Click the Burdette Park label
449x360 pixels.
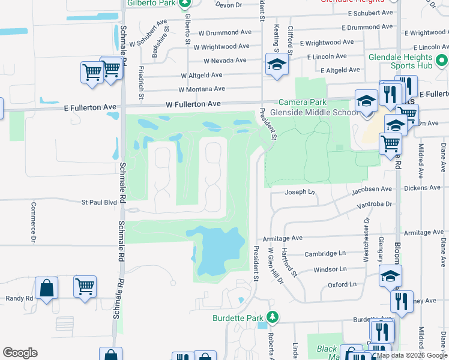(238, 317)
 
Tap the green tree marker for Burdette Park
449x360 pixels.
(273, 317)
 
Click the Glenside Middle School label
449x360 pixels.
(314, 112)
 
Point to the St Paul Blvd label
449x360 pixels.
(99, 203)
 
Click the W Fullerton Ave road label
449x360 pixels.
(193, 104)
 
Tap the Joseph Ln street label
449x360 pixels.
(300, 192)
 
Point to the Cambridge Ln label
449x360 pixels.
(325, 254)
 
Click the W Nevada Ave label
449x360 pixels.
(224, 61)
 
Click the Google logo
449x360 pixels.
(20, 353)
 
